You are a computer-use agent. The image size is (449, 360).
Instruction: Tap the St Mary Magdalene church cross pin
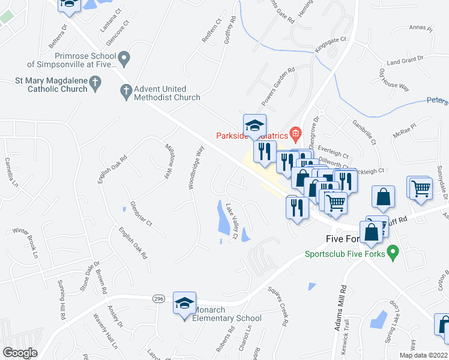[x=95, y=83]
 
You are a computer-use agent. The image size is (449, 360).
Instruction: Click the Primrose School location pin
[x=125, y=59]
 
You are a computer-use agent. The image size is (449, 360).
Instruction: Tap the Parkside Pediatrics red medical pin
[x=295, y=133]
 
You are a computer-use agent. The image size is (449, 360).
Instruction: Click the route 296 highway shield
[x=158, y=298]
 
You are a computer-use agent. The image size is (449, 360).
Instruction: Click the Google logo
[x=20, y=353]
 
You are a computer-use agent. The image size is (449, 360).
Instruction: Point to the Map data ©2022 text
[x=423, y=355]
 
